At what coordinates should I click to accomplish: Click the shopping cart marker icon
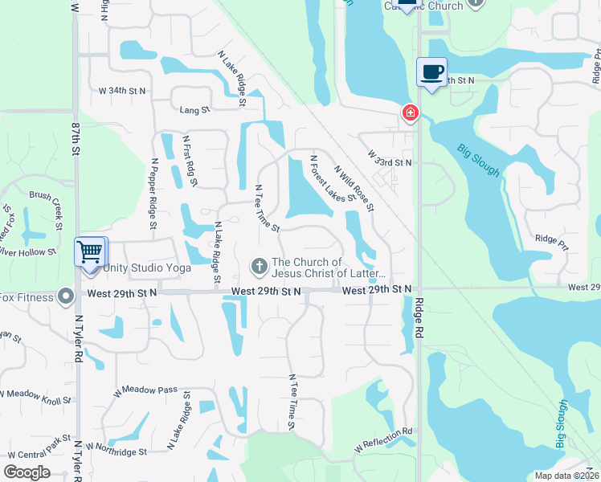pyautogui.click(x=90, y=251)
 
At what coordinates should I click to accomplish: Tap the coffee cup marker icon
pyautogui.click(x=431, y=72)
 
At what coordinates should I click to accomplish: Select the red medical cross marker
pyautogui.click(x=411, y=112)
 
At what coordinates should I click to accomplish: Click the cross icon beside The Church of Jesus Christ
pyautogui.click(x=259, y=265)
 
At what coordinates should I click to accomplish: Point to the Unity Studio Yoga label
pyautogui.click(x=145, y=268)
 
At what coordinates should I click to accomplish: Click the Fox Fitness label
pyautogui.click(x=27, y=297)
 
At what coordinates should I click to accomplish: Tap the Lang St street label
pyautogui.click(x=194, y=109)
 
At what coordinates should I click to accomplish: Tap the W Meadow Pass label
pyautogui.click(x=145, y=390)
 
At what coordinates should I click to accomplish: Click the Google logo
pyautogui.click(x=27, y=472)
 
